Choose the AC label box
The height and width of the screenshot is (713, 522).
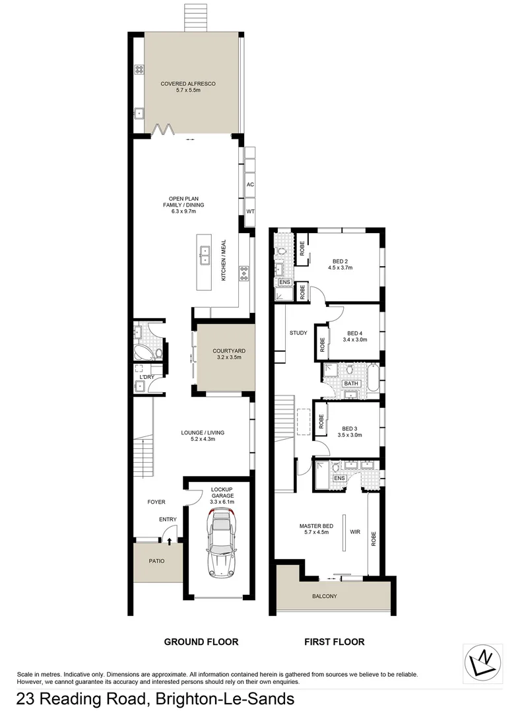(x=250, y=186)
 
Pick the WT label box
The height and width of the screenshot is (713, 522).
(x=250, y=212)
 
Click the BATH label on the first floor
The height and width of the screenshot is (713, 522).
(x=350, y=383)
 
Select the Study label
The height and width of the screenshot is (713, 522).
(x=298, y=333)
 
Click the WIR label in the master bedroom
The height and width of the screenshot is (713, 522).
(x=354, y=531)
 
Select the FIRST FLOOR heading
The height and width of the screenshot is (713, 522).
(x=334, y=641)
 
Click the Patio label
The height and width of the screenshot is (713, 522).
(x=156, y=561)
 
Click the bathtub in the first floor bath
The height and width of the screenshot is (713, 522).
(x=374, y=380)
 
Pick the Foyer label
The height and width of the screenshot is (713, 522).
(x=156, y=502)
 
